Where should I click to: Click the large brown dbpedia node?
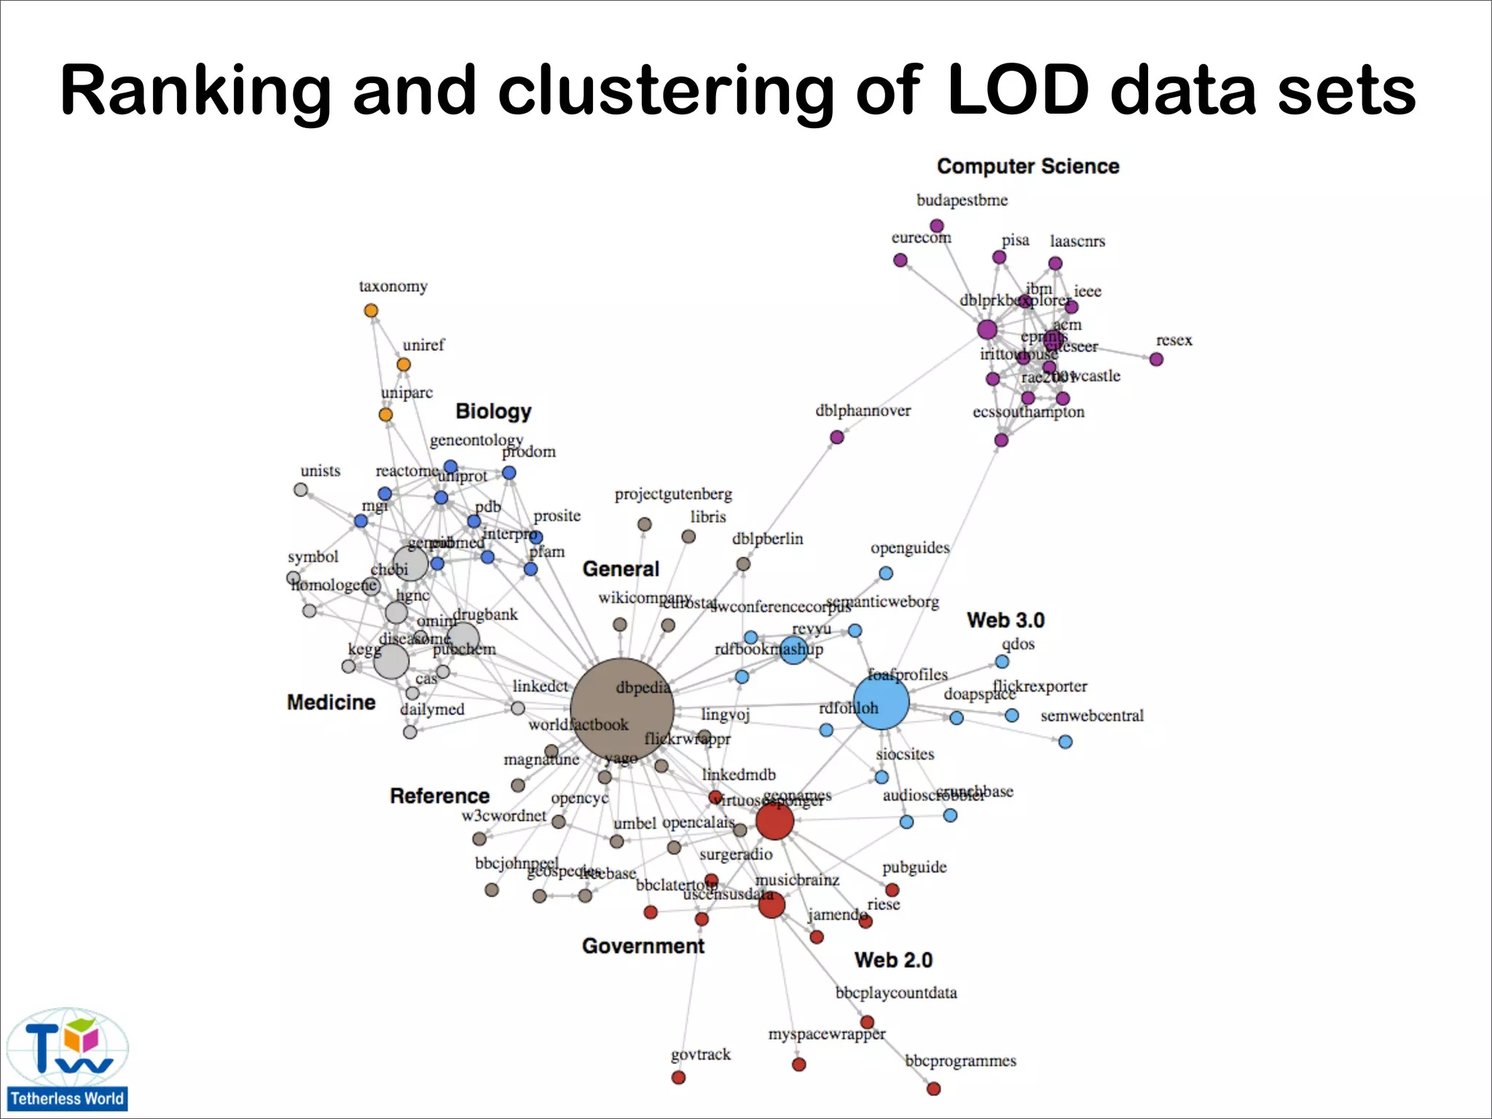click(621, 709)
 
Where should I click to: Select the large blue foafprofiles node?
click(881, 702)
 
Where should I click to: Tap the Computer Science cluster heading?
click(1027, 166)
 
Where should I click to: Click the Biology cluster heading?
click(493, 411)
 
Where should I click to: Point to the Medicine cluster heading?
click(331, 702)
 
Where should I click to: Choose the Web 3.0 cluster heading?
click(1005, 620)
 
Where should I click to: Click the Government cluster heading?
click(643, 946)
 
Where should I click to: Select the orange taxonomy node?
click(371, 310)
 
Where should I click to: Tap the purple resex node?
click(1156, 359)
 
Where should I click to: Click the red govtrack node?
click(678, 1077)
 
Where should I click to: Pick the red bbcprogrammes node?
click(933, 1088)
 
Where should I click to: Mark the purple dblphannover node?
click(837, 437)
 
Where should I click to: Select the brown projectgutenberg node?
click(644, 524)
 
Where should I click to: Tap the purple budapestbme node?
click(937, 226)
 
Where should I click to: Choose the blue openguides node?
click(886, 573)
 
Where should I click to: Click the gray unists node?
click(301, 490)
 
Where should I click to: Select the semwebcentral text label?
click(1091, 715)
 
